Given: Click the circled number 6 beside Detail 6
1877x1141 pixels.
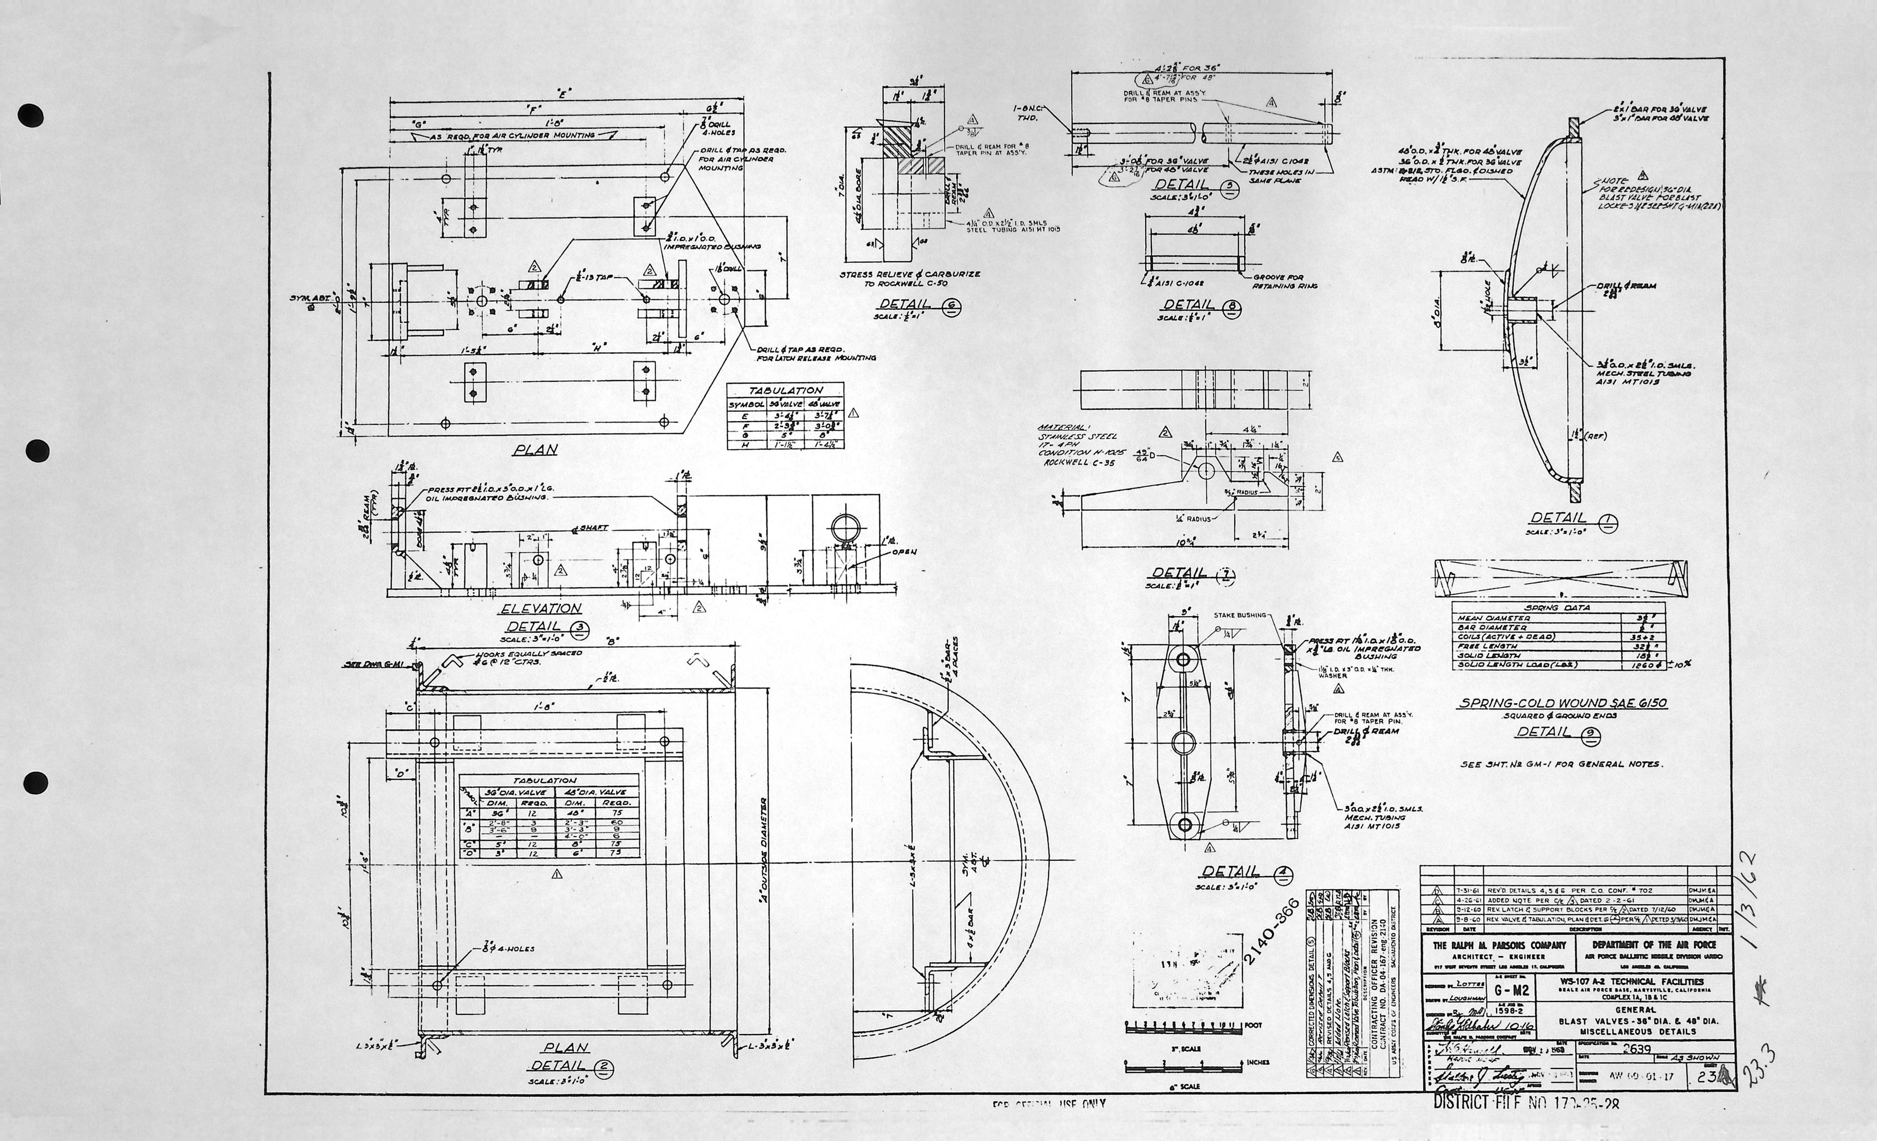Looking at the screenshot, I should (952, 307).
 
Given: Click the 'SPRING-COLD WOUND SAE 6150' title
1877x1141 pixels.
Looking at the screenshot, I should (1563, 703).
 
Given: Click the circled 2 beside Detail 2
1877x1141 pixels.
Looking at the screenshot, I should (602, 1066).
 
